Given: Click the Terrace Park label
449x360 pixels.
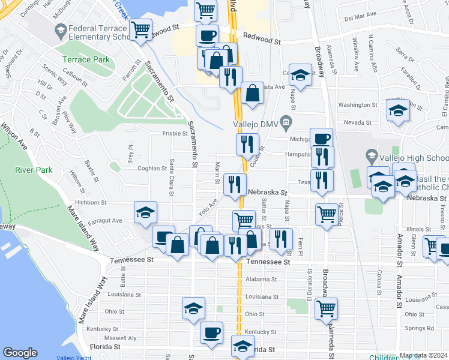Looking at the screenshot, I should [86, 59].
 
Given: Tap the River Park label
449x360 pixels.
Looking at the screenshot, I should [34, 170].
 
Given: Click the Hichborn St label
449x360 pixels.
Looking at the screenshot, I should [91, 203].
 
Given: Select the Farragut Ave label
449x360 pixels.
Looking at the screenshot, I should [108, 220].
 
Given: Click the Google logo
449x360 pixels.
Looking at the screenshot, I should [20, 353].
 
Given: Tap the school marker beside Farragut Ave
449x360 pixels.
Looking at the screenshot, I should [145, 213].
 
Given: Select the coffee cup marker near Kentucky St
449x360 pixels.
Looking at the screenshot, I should [211, 333].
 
